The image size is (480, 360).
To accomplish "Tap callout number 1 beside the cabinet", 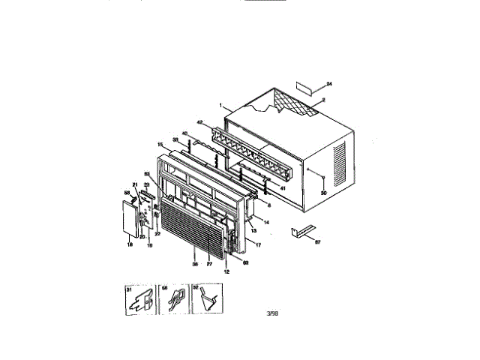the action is pos(221,106).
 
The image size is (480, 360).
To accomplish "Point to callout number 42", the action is pos(200,121).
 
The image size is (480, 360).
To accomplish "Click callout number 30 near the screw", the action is pos(324,192).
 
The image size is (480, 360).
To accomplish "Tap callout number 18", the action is pos(129,244).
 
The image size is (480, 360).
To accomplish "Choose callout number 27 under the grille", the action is pos(209,263).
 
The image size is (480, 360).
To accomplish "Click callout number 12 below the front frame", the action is pos(226,271).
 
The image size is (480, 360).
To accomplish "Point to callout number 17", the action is pos(257,244).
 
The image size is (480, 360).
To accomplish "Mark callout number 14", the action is pos(266,223).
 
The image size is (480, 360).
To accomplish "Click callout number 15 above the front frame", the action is pos(160,144).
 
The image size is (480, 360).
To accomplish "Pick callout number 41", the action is pos(283,188).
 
